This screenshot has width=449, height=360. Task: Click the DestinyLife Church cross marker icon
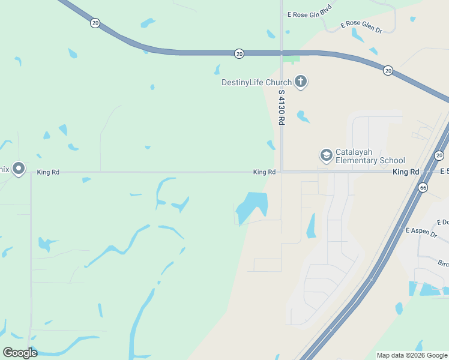301,82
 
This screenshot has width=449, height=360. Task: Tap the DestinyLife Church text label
256,82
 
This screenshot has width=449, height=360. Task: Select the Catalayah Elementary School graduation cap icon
326,155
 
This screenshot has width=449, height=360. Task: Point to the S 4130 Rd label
281,107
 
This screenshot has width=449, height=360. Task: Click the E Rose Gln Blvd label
310,13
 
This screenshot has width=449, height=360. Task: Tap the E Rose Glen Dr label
361,26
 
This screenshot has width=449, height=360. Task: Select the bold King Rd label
405,172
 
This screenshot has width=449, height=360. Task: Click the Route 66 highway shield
424,188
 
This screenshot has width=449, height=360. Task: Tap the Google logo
20,352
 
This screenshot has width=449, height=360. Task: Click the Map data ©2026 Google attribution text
412,355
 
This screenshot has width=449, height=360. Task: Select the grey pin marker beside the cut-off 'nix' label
19,169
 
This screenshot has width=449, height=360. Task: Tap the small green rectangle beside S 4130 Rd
291,59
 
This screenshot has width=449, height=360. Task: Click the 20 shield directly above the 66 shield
439,156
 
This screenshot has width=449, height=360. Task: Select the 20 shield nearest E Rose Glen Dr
388,70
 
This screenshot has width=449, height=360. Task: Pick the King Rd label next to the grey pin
48,172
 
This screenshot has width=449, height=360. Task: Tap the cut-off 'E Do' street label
443,222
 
